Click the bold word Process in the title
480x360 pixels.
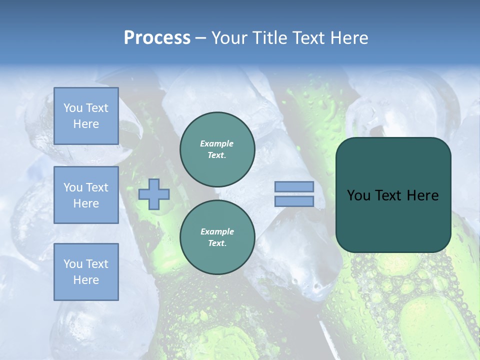click(157, 38)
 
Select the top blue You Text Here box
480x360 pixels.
click(86, 116)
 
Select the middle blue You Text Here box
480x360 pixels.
click(86, 195)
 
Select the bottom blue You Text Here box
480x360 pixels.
click(86, 271)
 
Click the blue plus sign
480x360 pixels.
click(154, 194)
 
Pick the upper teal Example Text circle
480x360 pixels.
click(217, 149)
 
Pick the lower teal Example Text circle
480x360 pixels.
click(217, 237)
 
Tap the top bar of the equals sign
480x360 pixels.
click(294, 187)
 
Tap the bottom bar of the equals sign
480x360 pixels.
click(294, 201)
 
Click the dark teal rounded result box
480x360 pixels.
click(393, 220)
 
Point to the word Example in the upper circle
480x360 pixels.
click(217, 143)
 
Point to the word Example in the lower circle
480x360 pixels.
click(217, 231)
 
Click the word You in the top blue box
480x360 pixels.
click(73, 108)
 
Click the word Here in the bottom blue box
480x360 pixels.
click(86, 280)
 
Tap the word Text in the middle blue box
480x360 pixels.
click(97, 187)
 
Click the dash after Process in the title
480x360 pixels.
click(201, 38)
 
